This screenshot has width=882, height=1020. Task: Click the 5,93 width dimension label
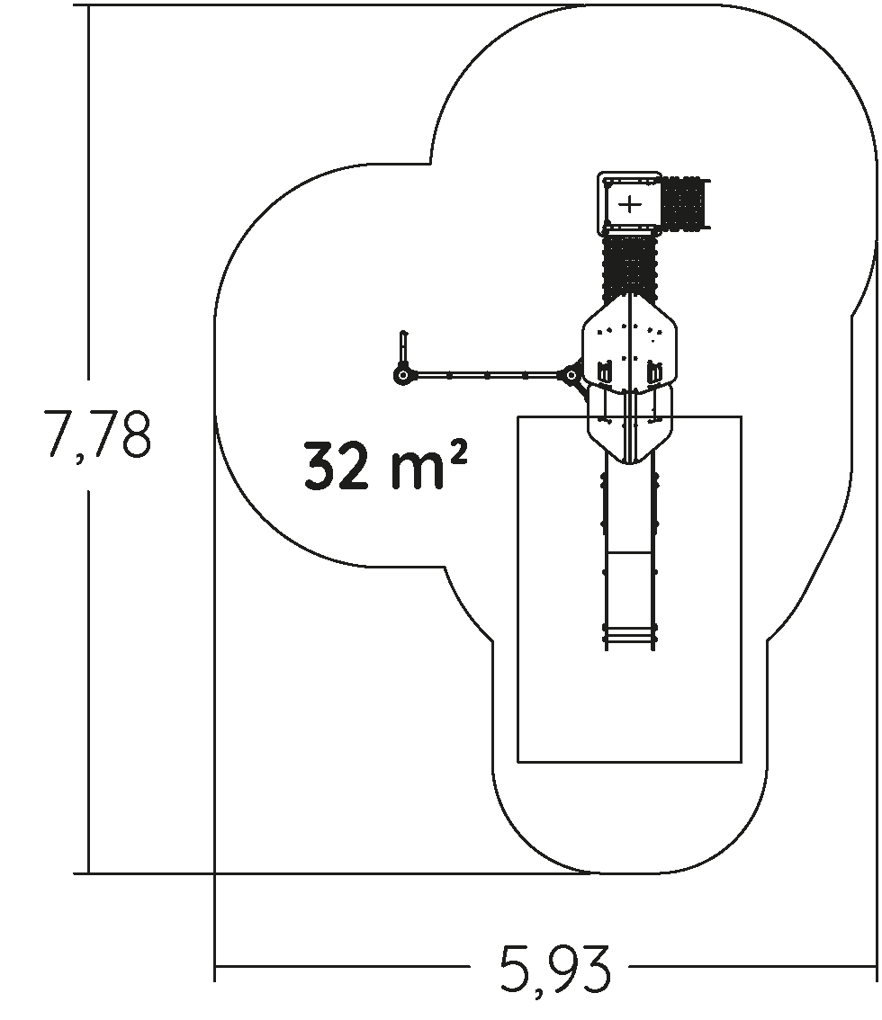coord(556,970)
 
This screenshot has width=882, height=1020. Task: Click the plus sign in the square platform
coord(630,204)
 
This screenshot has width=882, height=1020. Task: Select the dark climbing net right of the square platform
coord(685,203)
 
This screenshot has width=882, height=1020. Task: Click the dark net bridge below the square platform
coord(629,268)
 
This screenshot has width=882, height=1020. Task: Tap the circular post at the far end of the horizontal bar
coord(403,375)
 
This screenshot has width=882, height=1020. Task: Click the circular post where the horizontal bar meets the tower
coord(571,375)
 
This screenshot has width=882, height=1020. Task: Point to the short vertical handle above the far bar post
coord(403,349)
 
